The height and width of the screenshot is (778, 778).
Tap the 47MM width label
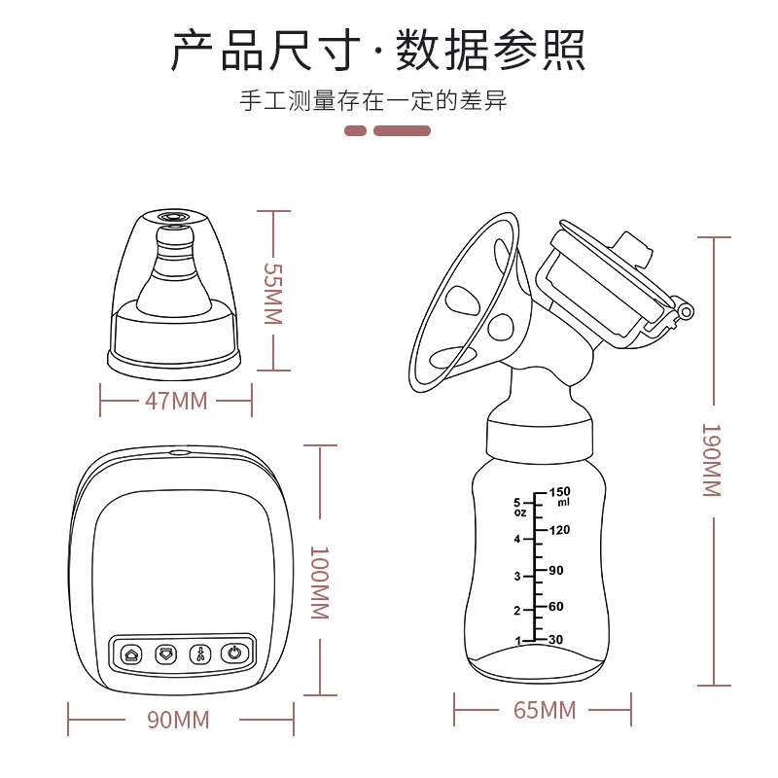tap(176, 400)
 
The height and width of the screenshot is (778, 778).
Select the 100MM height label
tap(318, 582)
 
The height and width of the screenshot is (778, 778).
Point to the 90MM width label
tap(178, 721)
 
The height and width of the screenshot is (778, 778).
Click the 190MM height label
tap(712, 459)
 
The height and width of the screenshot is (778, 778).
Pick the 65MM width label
tap(545, 710)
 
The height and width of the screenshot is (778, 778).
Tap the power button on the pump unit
tap(233, 654)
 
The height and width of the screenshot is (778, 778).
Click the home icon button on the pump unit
tap(134, 654)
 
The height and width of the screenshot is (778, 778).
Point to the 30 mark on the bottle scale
tap(556, 639)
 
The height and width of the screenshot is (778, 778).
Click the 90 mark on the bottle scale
tap(555, 570)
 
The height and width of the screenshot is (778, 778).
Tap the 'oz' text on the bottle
tap(518, 513)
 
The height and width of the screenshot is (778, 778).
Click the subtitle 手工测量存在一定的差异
tap(374, 101)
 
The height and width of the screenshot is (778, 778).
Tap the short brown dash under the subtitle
tap(355, 130)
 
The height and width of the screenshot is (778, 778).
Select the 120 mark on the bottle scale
tap(558, 531)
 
